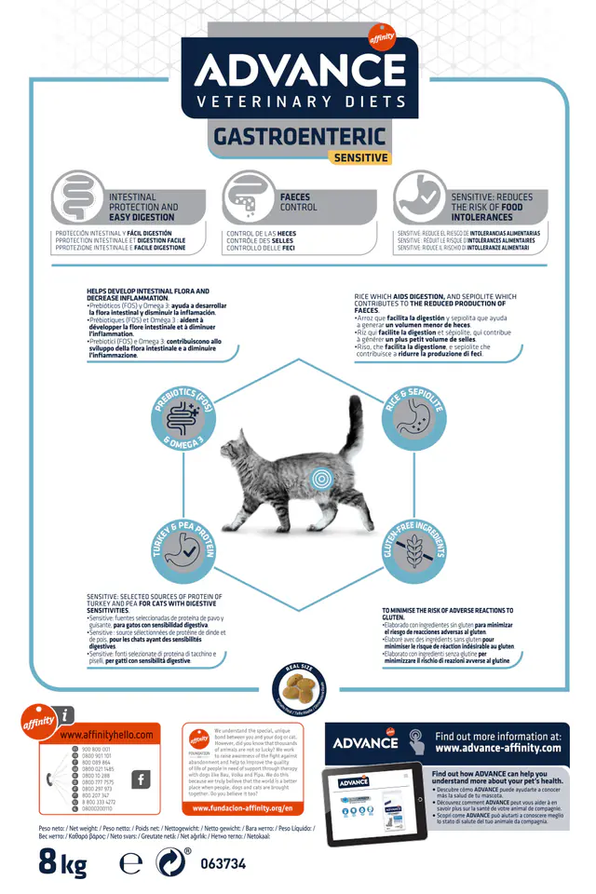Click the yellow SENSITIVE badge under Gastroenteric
click(x=360, y=157)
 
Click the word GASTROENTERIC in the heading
click(x=299, y=136)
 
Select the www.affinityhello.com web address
click(x=106, y=735)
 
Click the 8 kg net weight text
click(x=62, y=862)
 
